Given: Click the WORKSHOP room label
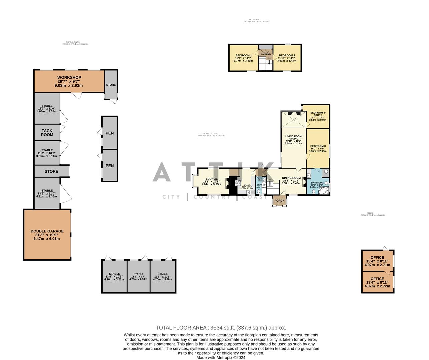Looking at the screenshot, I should pos(69,78).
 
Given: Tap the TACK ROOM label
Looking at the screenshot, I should pos(47,133).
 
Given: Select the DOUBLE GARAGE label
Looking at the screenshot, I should pos(47,231).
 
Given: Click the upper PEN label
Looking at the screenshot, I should pos(109,133).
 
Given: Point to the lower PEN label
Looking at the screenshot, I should pos(109,166).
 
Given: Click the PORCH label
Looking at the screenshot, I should pos(279,201).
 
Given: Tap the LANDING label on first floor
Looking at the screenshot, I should pos(266,54).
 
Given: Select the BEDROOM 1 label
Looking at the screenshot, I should pos(244,55).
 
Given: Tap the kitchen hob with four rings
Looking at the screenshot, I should pos(238,183).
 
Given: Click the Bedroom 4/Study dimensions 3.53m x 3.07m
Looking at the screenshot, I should pos(318,120).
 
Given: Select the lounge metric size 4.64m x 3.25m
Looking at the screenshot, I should pos(211,184).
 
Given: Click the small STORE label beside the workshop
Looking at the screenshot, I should pos(111,85).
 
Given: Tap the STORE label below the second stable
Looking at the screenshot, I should pos(51,171).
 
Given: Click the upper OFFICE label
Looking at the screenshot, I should pos(377,257).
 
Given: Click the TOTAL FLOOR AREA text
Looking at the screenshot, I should pos(221,328).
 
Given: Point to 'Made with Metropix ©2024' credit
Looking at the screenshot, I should pos(221,357).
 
